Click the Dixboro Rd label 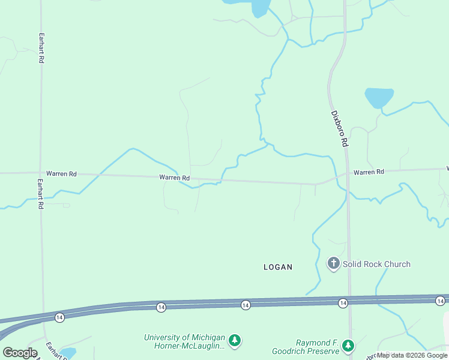click(339, 128)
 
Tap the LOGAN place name click(278, 267)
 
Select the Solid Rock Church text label click(377, 264)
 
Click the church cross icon click(334, 263)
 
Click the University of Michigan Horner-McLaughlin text click(184, 341)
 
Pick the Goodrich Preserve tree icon click(348, 346)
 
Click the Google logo click(20, 353)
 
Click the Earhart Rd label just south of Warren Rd click(40, 193)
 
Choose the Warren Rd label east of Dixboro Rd click(369, 172)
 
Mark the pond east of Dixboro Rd click(379, 97)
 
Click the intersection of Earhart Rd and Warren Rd click(41, 173)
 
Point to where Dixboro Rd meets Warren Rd click(346, 175)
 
